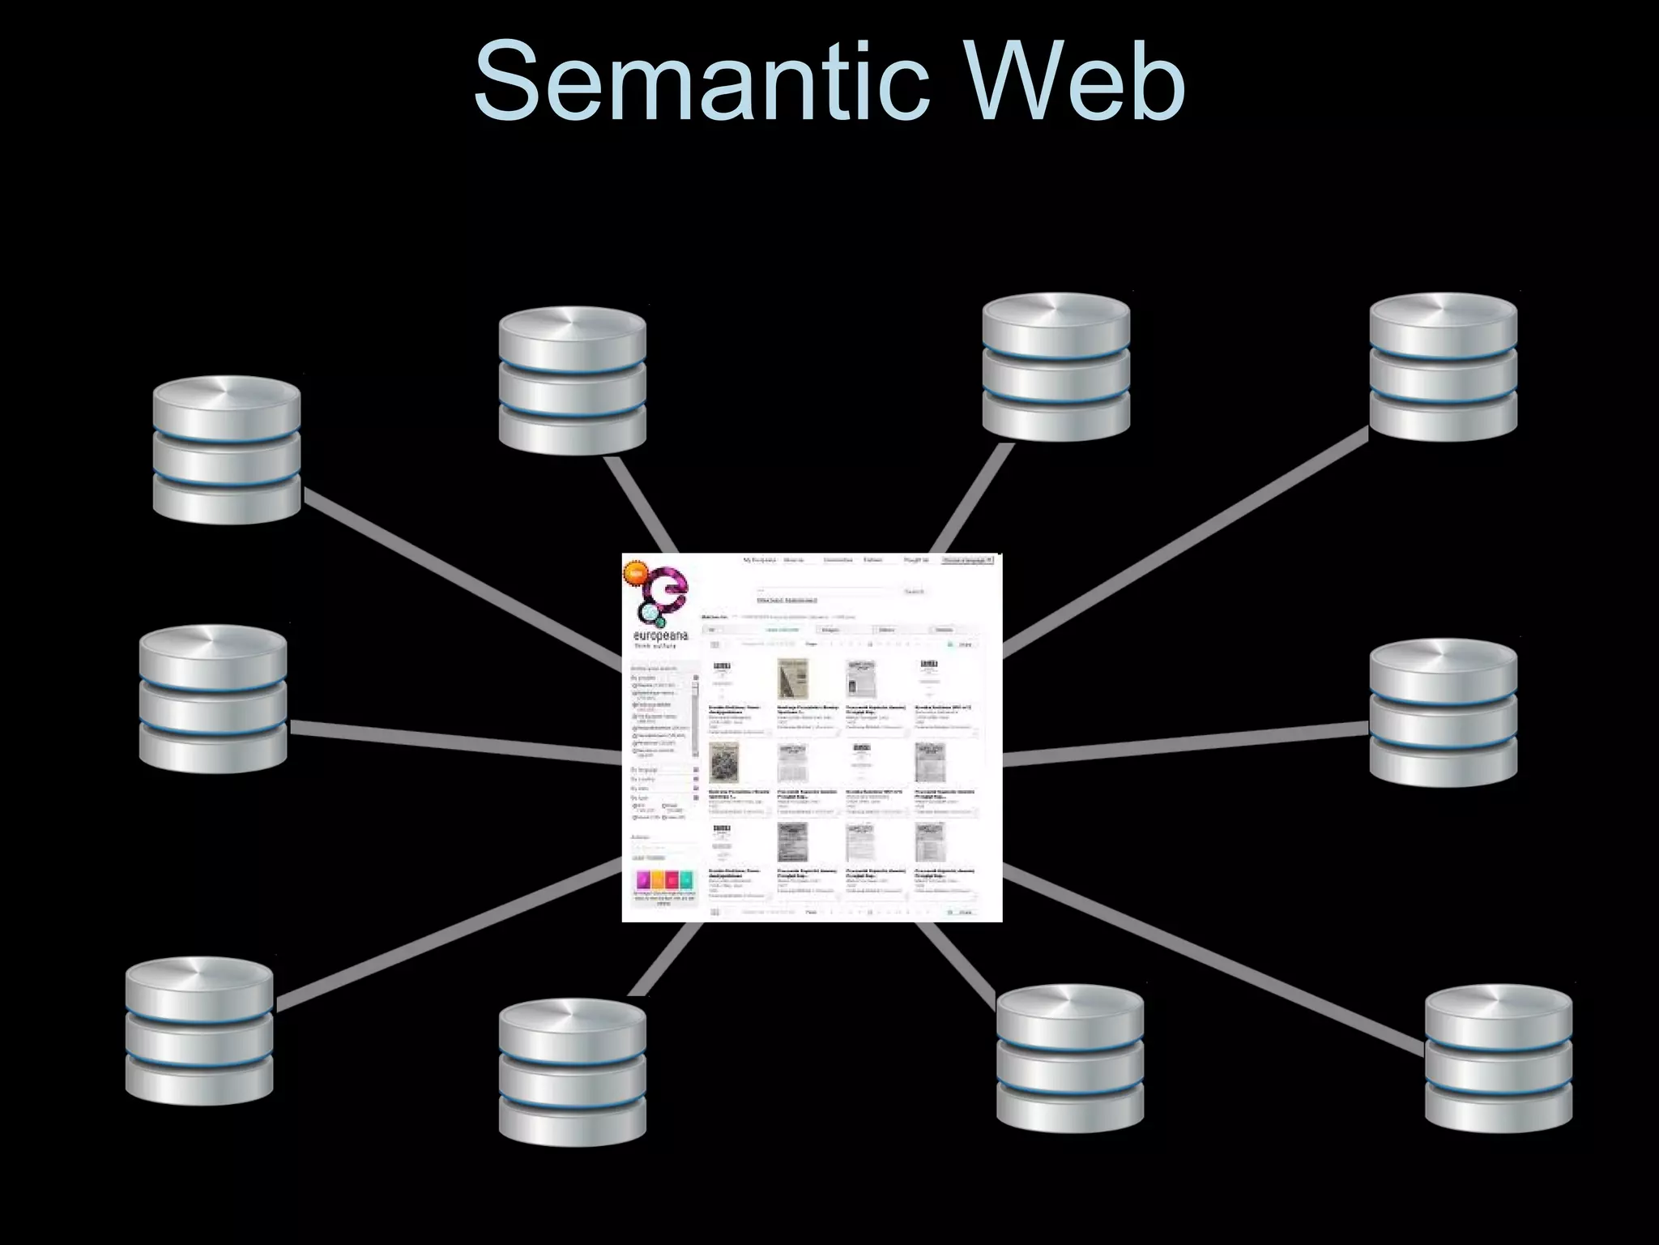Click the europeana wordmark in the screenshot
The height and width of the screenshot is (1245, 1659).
click(x=660, y=637)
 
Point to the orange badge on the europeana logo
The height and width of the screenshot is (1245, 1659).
click(x=634, y=572)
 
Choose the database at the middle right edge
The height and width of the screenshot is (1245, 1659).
click(x=1443, y=712)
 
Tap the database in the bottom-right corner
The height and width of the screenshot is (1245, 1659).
click(x=1498, y=1058)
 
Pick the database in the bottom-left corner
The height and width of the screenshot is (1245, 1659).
click(x=199, y=1029)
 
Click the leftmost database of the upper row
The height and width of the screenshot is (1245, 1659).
click(x=227, y=449)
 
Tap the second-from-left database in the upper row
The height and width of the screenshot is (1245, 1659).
click(x=573, y=380)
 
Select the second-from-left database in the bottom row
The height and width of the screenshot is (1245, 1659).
click(x=573, y=1071)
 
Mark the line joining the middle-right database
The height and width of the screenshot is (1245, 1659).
click(x=1183, y=744)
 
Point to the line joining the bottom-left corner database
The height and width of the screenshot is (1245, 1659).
click(x=446, y=936)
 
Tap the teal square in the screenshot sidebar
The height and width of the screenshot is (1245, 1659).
click(x=686, y=880)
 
